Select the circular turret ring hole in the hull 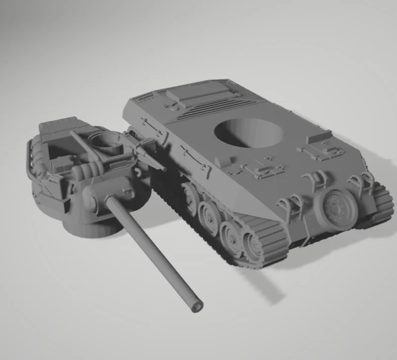[x=249, y=132]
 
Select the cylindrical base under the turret [x=94, y=225]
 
